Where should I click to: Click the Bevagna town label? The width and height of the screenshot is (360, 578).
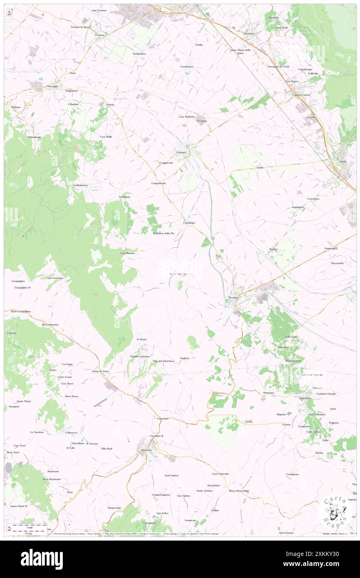tap(233, 297)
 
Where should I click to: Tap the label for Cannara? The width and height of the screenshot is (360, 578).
tap(181, 153)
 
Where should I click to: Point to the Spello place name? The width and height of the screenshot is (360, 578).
tap(343, 161)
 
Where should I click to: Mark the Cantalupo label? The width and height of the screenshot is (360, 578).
tap(189, 222)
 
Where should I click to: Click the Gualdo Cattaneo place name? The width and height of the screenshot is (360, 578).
tap(140, 356)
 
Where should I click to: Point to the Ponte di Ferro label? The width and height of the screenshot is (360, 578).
tap(100, 371)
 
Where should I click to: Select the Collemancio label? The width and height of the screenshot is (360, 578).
tap(80, 185)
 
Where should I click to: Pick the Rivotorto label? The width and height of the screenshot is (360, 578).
tap(249, 33)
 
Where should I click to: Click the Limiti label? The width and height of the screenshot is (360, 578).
tap(260, 168)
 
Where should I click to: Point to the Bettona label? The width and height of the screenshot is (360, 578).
tap(16, 107)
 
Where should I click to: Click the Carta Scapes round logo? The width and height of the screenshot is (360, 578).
tap(335, 512)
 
